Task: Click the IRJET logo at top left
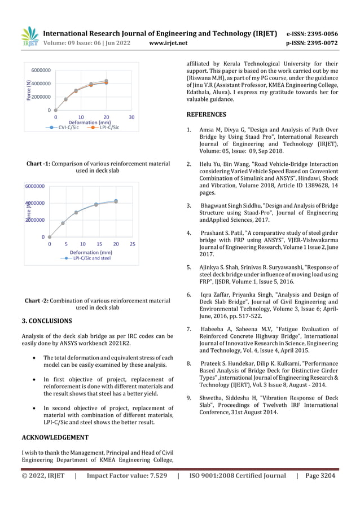coord(29,37)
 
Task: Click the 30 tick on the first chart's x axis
coord(131,117)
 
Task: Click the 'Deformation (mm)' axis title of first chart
coord(90,122)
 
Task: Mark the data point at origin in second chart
coord(50,237)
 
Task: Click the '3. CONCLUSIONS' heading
coord(46,321)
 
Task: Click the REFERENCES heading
coord(206,114)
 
